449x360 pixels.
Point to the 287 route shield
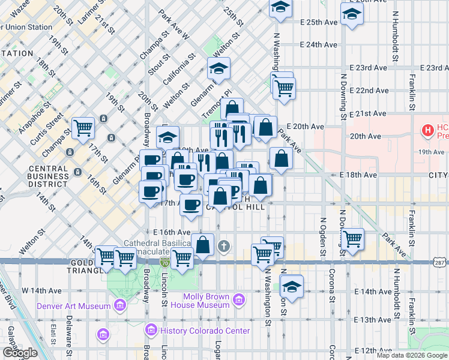click(x=439, y=262)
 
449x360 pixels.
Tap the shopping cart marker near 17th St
click(x=83, y=127)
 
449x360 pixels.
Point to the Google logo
click(x=20, y=353)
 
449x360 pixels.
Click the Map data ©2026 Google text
click(x=412, y=355)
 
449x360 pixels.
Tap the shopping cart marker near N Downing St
click(x=352, y=238)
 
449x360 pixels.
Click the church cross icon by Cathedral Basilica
click(x=224, y=245)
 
